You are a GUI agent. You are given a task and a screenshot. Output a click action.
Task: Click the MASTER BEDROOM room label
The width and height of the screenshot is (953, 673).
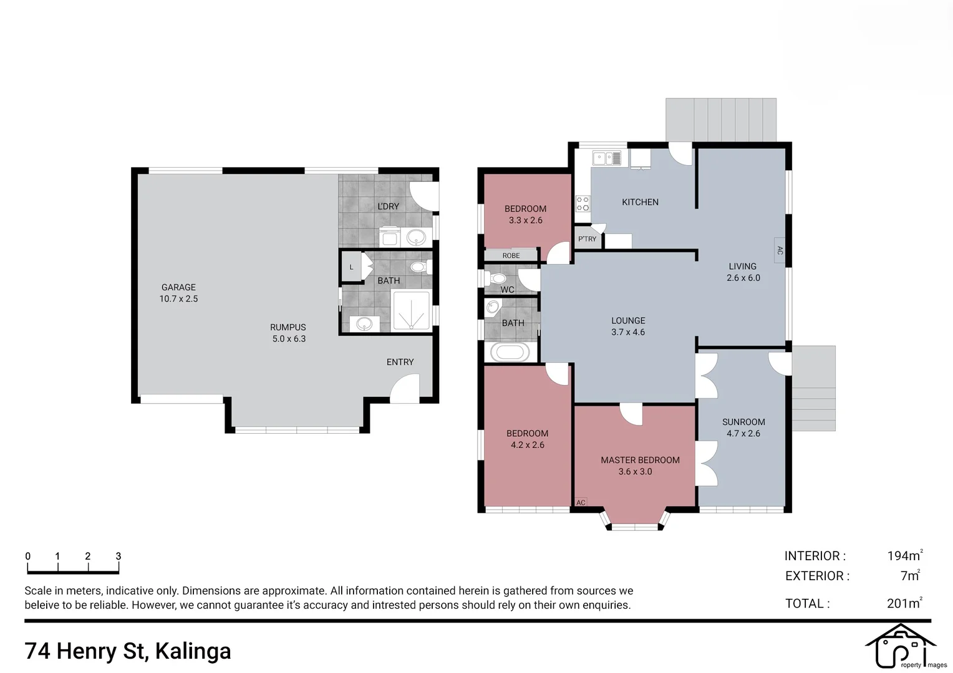click(640, 460)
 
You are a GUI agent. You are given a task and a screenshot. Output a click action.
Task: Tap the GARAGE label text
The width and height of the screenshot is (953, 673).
click(178, 287)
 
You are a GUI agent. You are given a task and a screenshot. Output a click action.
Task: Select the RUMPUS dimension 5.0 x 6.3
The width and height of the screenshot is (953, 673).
click(289, 339)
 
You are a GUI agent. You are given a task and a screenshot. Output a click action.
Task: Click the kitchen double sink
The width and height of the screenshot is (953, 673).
click(607, 158)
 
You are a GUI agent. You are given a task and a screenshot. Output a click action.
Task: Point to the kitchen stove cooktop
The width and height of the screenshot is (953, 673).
click(583, 203)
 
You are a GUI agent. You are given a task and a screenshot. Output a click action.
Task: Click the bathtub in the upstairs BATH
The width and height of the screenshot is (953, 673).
click(510, 352)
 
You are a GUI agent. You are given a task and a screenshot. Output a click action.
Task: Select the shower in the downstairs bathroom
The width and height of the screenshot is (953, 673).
click(411, 310)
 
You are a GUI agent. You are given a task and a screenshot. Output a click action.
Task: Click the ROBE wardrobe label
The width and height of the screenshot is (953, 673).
click(511, 255)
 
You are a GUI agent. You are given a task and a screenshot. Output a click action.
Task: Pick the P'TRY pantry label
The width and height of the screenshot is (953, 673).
click(587, 239)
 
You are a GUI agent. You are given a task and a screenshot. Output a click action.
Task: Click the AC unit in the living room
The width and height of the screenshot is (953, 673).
click(780, 251)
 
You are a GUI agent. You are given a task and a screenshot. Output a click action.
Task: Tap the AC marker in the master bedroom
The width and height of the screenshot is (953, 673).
click(581, 502)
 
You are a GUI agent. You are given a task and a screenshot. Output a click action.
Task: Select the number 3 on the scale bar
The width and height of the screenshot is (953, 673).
click(118, 556)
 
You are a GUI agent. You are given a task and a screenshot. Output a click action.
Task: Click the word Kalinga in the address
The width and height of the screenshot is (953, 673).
click(193, 651)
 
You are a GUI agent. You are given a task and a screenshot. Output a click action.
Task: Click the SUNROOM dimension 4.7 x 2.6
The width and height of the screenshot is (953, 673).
click(743, 434)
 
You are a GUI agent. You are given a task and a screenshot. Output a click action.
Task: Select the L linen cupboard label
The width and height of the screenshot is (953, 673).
click(351, 267)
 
